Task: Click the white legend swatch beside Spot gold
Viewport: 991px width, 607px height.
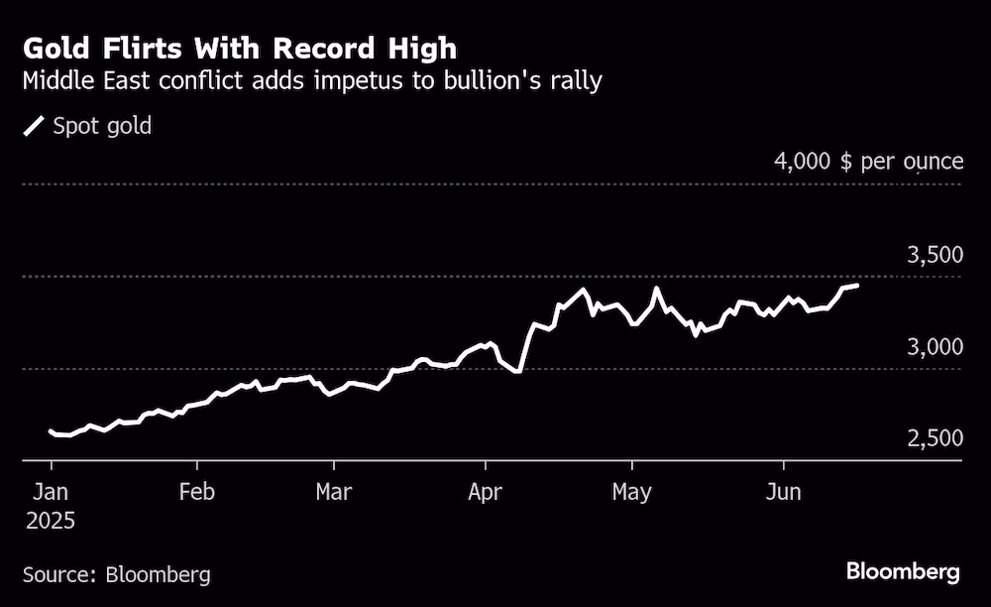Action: tap(35, 126)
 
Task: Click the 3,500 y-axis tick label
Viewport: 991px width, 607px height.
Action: tap(935, 255)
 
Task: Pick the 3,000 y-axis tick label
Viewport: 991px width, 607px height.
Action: tap(935, 346)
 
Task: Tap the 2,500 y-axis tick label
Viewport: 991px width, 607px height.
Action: tap(935, 438)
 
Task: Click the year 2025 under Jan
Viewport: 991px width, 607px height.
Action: tap(52, 520)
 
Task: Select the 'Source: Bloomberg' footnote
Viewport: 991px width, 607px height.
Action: tap(116, 574)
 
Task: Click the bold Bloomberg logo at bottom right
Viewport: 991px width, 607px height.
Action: tap(903, 572)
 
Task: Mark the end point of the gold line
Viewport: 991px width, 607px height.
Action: tap(856, 286)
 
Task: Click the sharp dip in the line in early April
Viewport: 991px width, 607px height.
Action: tap(518, 372)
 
